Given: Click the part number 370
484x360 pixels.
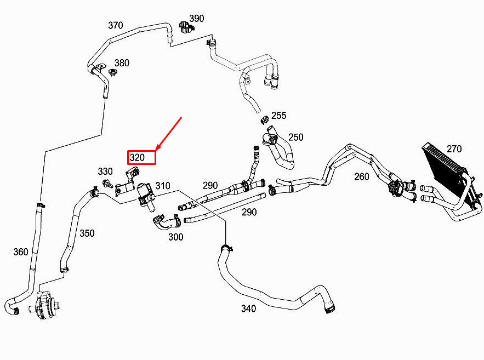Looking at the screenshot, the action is click(x=116, y=25).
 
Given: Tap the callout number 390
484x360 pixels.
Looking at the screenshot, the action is click(x=197, y=19).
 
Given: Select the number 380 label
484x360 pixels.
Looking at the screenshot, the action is click(x=122, y=63).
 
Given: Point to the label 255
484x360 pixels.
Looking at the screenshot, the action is click(x=279, y=116).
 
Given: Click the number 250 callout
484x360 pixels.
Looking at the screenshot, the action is click(x=295, y=138).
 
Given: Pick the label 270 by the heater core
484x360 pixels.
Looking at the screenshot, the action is click(x=454, y=149).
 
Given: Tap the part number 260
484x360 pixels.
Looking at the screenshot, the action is click(x=362, y=177).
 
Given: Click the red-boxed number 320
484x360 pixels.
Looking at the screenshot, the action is click(x=138, y=158).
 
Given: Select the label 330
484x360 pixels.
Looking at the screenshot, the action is click(x=105, y=172).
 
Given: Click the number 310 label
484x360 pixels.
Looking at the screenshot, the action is click(x=163, y=186).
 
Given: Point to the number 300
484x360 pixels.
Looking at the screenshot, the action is click(x=175, y=237).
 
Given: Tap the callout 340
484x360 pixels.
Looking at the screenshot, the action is click(x=248, y=308).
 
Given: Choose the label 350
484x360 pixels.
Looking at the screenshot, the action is click(x=87, y=233).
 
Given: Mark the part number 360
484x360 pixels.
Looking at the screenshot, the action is click(x=21, y=252).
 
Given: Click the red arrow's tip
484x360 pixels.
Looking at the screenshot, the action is click(x=156, y=151).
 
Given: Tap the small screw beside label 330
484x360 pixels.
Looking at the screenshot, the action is click(x=107, y=183).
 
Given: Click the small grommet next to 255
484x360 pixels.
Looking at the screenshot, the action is click(x=264, y=119).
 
